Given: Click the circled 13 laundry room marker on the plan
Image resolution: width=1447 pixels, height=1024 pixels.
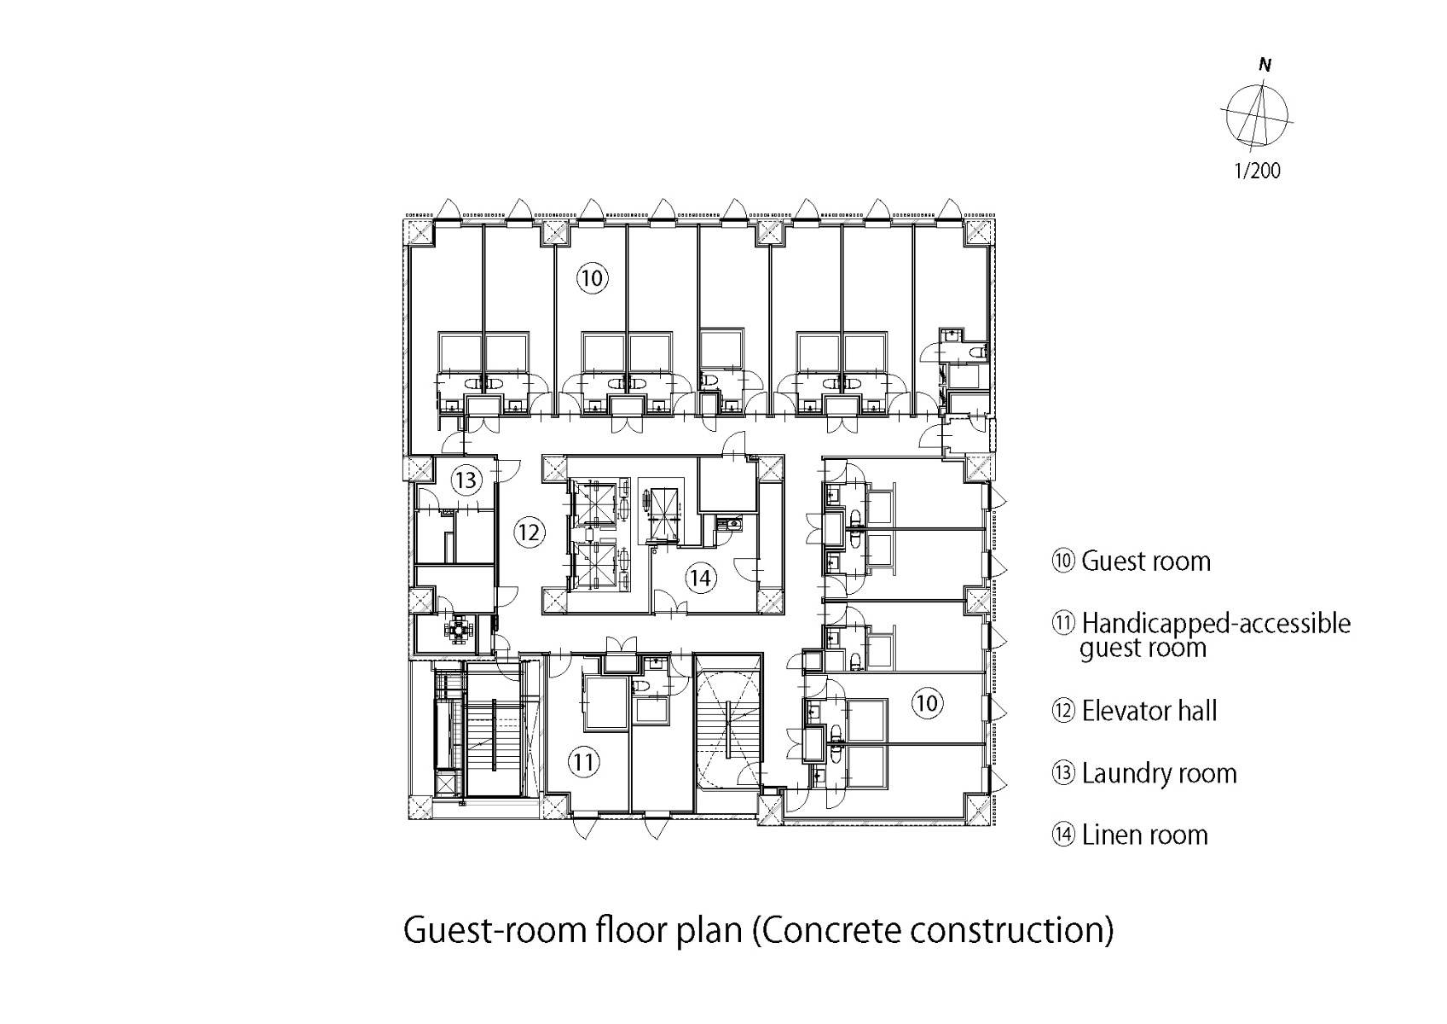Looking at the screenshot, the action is [x=465, y=480].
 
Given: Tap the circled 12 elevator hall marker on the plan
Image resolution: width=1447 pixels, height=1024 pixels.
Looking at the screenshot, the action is [x=529, y=532].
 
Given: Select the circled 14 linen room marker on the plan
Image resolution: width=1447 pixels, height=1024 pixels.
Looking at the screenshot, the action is [x=701, y=578].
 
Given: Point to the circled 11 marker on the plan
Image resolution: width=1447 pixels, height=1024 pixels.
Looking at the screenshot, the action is [x=584, y=762].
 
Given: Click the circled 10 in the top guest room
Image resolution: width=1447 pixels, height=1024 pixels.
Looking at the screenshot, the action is [x=592, y=279].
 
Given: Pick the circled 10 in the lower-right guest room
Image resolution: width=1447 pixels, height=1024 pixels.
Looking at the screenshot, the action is [x=928, y=702].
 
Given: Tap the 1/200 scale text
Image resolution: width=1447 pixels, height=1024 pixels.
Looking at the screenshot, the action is [x=1257, y=171].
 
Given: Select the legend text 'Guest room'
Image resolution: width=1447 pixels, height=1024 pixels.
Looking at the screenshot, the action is [x=1146, y=561].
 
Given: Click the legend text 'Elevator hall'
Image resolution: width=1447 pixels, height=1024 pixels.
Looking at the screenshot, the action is [x=1149, y=711].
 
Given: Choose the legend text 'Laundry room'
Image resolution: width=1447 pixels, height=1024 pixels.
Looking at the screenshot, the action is [x=1159, y=773].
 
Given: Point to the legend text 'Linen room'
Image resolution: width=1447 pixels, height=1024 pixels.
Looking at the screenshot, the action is [x=1144, y=835].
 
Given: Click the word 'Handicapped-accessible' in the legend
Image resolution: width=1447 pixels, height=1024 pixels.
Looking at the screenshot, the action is [x=1217, y=624].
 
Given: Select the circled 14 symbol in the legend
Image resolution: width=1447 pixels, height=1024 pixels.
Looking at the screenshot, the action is [x=1063, y=835].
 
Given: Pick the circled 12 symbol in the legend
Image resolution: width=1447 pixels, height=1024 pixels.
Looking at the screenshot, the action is [x=1063, y=711].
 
